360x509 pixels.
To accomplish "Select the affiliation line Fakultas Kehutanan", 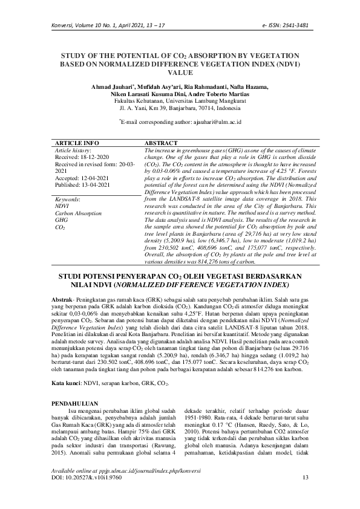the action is [180, 102].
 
